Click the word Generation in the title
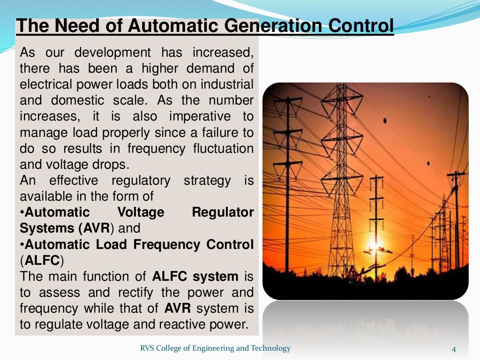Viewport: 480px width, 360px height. coord(270,26)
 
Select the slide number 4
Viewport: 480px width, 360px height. coord(454,349)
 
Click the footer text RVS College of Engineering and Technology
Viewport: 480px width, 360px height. coord(216,348)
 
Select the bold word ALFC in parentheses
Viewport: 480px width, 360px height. coord(43,260)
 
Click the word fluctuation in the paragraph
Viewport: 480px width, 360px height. coord(224,149)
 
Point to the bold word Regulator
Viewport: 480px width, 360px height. coord(223,212)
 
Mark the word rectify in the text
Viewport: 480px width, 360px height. coord(133,292)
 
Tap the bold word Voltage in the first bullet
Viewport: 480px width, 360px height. coord(141,212)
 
